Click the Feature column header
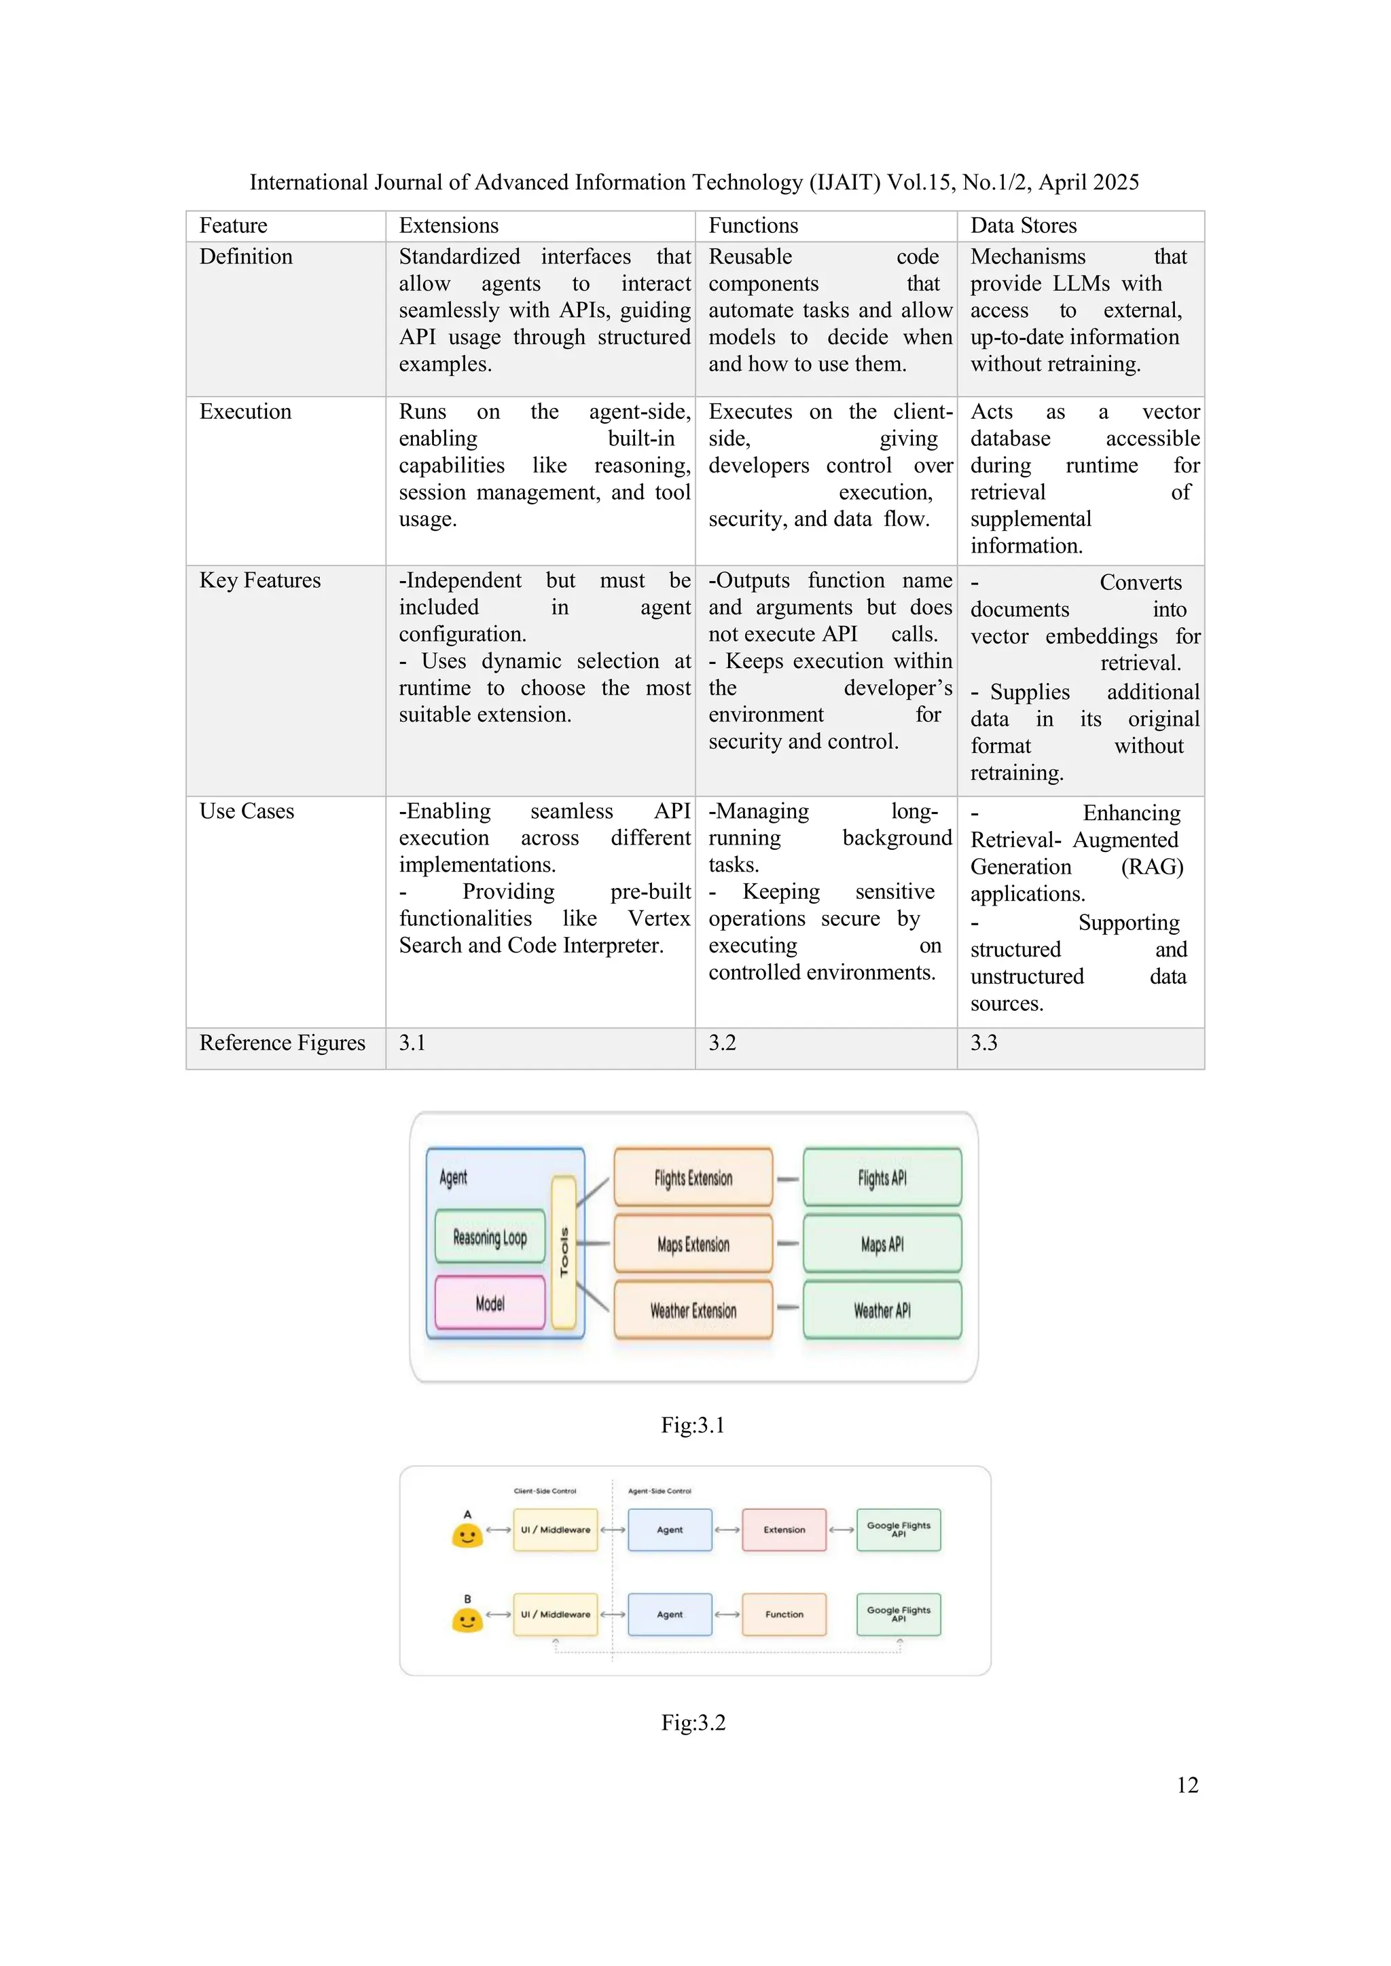pos(233,225)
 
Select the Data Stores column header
pos(1023,225)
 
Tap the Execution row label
pos(245,412)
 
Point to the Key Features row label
pos(259,580)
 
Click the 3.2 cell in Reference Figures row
pos(721,1043)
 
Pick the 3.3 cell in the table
pos(983,1043)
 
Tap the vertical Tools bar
pos(564,1252)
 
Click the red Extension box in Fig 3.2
pos(784,1530)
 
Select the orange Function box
pos(784,1614)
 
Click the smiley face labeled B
pos(467,1620)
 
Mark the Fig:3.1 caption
pos(692,1425)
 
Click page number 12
pos(1187,1785)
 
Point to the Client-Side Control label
pos(545,1491)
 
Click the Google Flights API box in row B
pos(899,1614)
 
